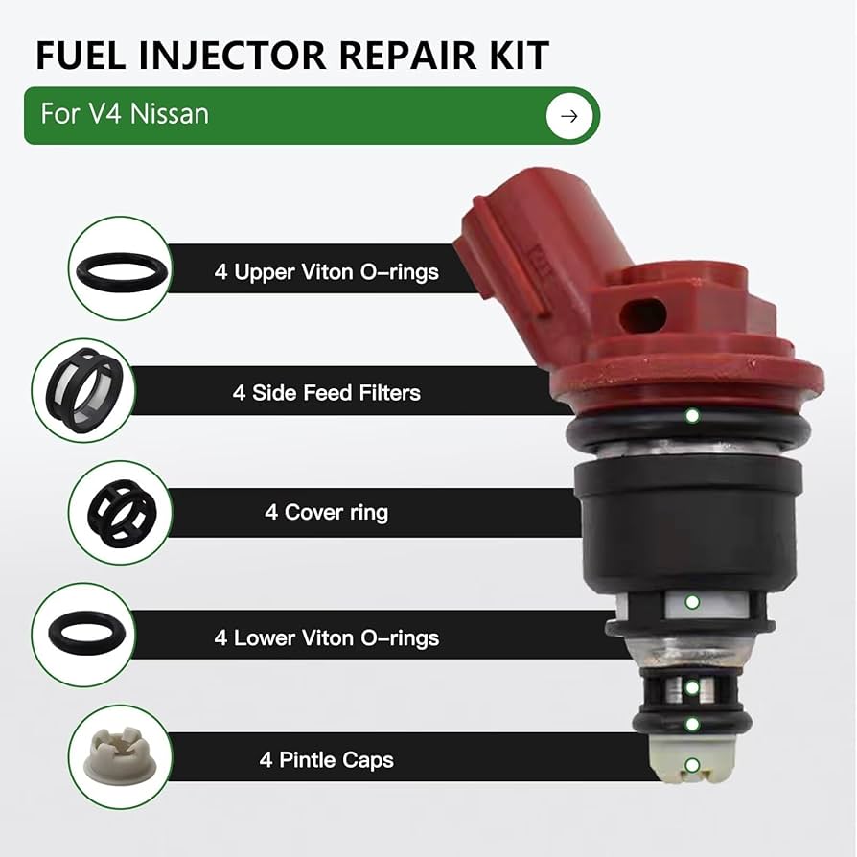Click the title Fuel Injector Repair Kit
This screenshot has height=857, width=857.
point(291,56)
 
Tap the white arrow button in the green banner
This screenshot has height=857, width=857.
point(569,116)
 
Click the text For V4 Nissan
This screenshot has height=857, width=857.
point(125,115)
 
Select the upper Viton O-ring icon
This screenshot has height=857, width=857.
point(119,267)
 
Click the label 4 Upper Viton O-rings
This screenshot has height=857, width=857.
point(326,271)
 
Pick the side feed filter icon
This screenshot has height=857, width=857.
point(82,388)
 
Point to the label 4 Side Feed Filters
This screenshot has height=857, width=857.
point(326,392)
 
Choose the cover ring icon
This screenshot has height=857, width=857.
point(119,511)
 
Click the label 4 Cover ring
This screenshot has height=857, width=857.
point(326,513)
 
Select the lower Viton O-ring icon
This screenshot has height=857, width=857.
point(82,634)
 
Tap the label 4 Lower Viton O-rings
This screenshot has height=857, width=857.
point(326,637)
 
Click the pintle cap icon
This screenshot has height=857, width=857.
point(119,755)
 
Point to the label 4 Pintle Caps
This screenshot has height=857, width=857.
point(326,760)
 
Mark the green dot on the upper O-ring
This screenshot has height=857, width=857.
point(691,416)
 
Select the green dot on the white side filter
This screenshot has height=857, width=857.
point(692,602)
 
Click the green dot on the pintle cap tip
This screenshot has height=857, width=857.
point(691,765)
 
